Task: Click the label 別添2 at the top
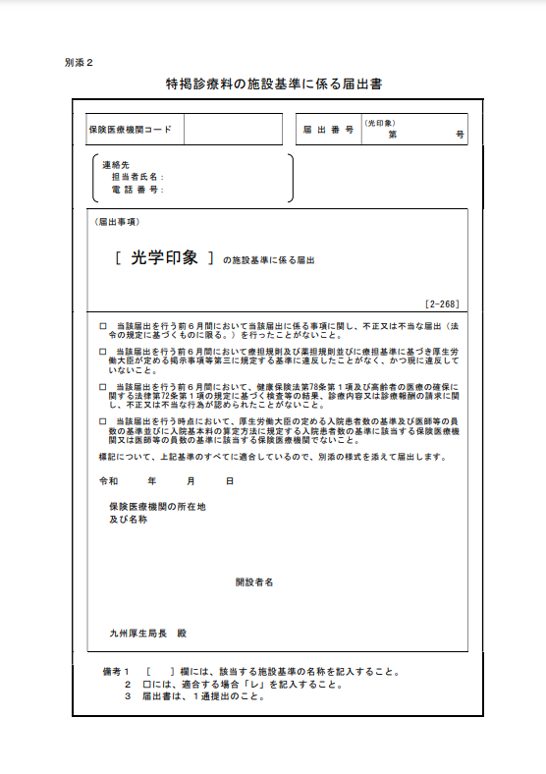(x=78, y=62)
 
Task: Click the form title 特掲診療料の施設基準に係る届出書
(x=274, y=84)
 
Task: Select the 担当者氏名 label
(x=137, y=176)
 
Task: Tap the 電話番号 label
(x=137, y=189)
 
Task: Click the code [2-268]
(x=442, y=304)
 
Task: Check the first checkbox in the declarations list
(x=103, y=325)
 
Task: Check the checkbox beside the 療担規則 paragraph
(x=103, y=350)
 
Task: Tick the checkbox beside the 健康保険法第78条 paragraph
(x=103, y=387)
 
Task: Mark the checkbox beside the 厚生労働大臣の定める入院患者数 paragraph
(x=103, y=420)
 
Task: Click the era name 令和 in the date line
(x=108, y=481)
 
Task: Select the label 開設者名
(x=254, y=582)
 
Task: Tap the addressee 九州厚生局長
(x=139, y=634)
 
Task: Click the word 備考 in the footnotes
(x=111, y=673)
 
